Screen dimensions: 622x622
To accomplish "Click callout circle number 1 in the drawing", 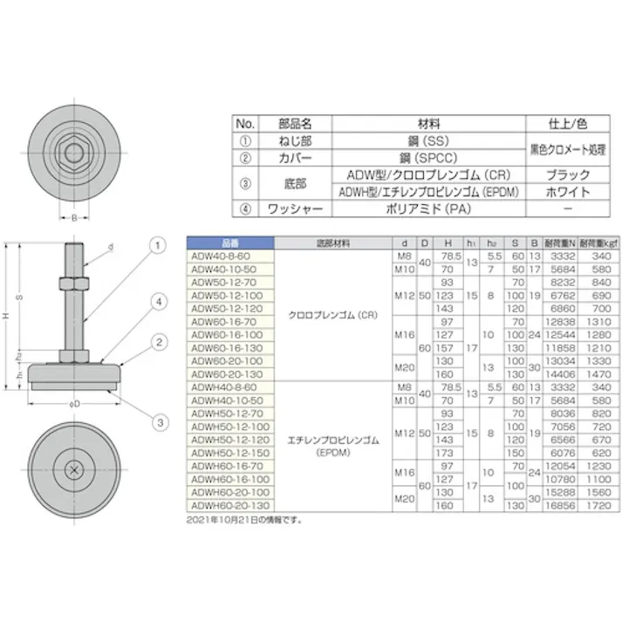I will pyautogui.click(x=159, y=247).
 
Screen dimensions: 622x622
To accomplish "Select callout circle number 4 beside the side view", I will pyautogui.click(x=159, y=302).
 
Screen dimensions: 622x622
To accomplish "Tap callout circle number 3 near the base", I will pyautogui.click(x=159, y=422).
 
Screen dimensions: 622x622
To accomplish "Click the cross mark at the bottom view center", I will pyautogui.click(x=74, y=471).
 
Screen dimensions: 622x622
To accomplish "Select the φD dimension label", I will pyautogui.click(x=74, y=404).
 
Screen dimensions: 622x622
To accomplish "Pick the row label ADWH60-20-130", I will pyautogui.click(x=224, y=504).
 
